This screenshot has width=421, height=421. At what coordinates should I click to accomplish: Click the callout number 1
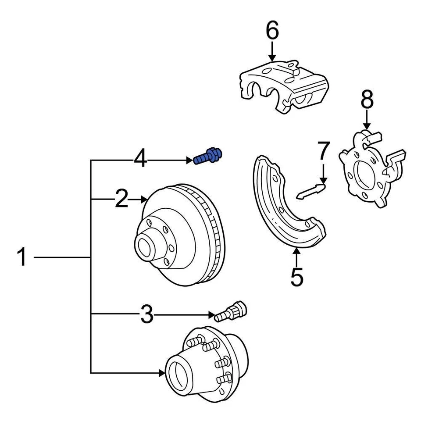click(x=22, y=257)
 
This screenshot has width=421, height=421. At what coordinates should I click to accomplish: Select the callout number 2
click(x=121, y=200)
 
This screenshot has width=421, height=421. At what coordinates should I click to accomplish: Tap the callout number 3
click(x=147, y=314)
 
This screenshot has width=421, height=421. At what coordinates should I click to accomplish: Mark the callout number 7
click(x=323, y=151)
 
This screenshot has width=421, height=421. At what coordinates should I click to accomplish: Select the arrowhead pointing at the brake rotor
click(x=144, y=200)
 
